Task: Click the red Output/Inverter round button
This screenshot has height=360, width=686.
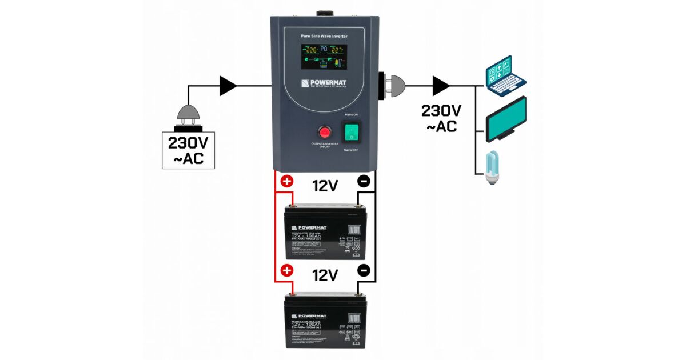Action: click(x=324, y=133)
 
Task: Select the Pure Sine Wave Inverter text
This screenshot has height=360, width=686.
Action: click(x=325, y=37)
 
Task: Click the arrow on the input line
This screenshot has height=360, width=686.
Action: click(x=228, y=86)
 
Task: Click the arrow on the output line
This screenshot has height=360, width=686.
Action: click(x=441, y=86)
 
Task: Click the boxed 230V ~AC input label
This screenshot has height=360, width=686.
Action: click(x=188, y=150)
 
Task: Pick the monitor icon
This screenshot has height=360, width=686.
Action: click(x=506, y=119)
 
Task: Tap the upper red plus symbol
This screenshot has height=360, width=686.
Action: click(x=286, y=182)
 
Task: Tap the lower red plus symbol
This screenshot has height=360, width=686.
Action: click(x=286, y=270)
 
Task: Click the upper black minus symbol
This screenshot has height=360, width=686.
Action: click(x=364, y=182)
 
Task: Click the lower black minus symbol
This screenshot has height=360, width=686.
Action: click(x=364, y=270)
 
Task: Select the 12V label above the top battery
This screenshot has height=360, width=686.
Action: click(x=325, y=186)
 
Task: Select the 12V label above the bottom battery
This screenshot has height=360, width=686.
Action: click(x=325, y=275)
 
